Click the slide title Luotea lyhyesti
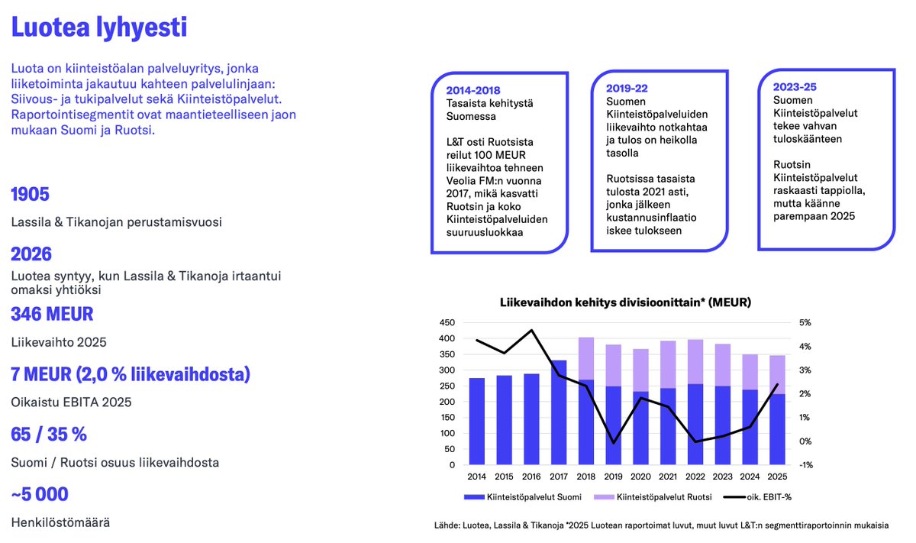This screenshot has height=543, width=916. click(x=98, y=29)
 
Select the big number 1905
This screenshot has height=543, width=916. click(x=31, y=194)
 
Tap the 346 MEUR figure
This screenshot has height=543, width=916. click(x=52, y=314)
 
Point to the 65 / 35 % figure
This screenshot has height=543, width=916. click(x=49, y=435)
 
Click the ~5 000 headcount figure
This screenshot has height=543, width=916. click(x=40, y=494)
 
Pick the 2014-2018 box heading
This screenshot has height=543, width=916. click(x=473, y=89)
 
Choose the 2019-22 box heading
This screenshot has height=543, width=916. click(x=627, y=88)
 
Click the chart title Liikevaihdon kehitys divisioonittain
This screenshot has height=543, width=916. click(x=625, y=302)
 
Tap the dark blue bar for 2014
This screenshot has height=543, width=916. click(x=477, y=421)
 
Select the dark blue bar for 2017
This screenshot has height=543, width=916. click(x=559, y=412)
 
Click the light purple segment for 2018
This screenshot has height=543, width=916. click(x=586, y=358)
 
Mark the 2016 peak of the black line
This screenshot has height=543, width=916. click(x=531, y=331)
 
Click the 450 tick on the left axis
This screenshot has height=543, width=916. click(x=448, y=323)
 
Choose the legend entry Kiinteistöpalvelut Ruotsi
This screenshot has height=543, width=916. click(x=663, y=497)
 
